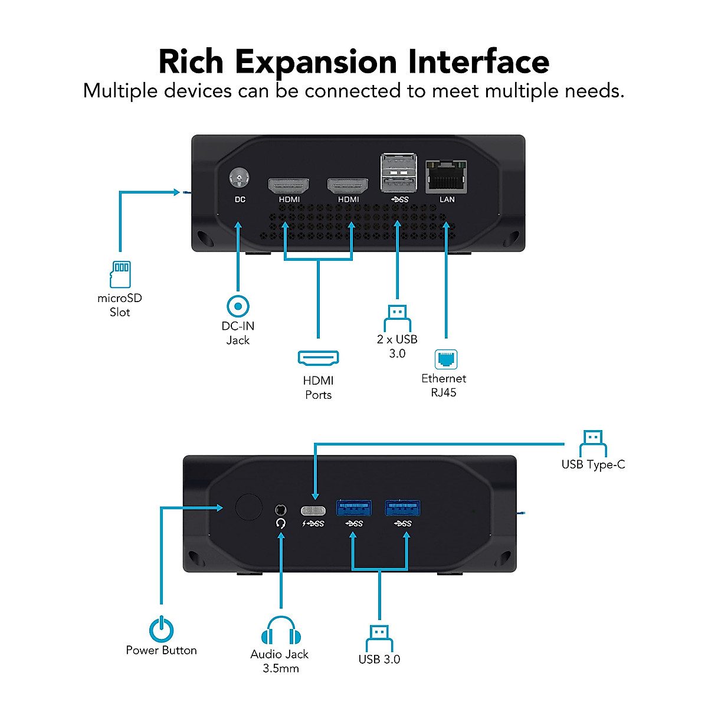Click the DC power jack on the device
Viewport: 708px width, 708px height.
coord(239,178)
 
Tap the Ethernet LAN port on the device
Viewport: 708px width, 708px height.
coord(446,176)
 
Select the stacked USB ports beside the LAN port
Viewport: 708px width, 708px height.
coord(399,172)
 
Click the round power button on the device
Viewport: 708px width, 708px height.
coord(249,507)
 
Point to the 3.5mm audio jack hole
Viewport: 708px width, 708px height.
coord(281,510)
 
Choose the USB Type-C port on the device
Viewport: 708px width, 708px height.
coord(313,511)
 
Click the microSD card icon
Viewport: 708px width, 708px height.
coord(120,274)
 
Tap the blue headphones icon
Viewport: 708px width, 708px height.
coord(281,630)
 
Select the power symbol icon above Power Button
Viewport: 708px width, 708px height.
coord(161,628)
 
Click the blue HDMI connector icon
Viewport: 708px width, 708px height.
coord(318,358)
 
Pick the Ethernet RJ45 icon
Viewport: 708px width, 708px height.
coord(446,359)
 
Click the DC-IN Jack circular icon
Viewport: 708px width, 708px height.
coord(238,306)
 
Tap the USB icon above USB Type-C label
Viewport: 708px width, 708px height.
coord(593,444)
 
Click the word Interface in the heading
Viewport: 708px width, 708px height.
coord(478,62)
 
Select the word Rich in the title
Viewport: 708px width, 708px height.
coord(191,62)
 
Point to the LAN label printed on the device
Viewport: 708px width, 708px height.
coord(447,199)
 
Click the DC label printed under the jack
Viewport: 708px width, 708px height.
coord(240,199)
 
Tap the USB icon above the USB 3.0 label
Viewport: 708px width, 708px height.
coord(379,639)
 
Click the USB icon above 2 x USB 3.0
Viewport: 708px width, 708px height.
coord(397,318)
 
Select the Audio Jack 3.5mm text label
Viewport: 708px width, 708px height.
coord(280,661)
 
